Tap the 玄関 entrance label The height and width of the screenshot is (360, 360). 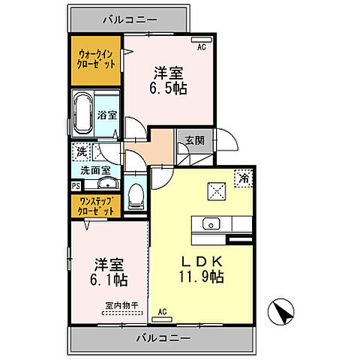(x=195, y=139)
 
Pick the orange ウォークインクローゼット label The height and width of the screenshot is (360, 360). (x=96, y=60)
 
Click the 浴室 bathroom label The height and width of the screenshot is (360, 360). (x=106, y=115)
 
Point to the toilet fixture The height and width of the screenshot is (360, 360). (x=136, y=196)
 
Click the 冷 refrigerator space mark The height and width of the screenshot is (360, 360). (x=244, y=178)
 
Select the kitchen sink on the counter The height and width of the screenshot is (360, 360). (x=211, y=223)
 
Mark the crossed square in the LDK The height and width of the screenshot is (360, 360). (x=216, y=191)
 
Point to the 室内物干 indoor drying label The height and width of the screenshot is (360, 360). (x=117, y=305)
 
